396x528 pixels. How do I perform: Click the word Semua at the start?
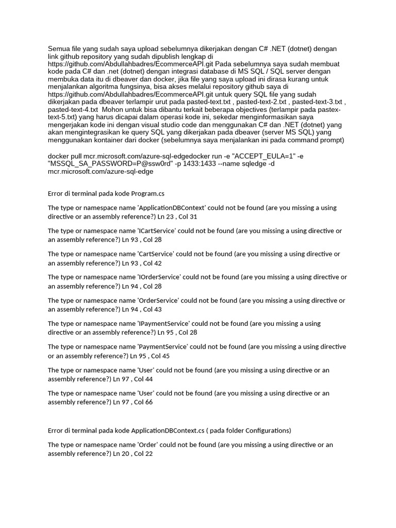tap(58, 49)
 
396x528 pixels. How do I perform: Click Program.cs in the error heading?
tap(148, 193)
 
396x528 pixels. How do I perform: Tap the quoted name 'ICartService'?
tap(156, 231)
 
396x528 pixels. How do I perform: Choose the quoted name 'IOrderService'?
tap(158, 277)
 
